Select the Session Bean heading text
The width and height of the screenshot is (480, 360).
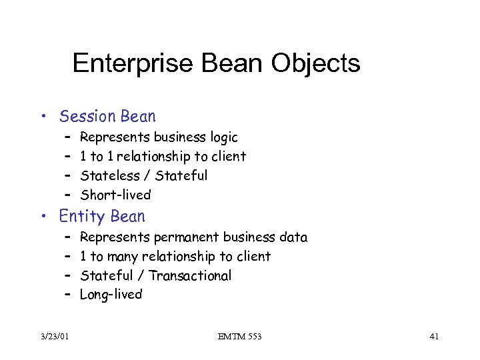(x=107, y=117)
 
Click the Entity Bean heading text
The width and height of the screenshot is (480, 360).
(x=102, y=217)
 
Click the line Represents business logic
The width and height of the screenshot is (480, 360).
(x=159, y=137)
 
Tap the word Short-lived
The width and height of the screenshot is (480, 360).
(x=115, y=195)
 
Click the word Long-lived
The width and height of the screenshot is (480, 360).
(x=111, y=295)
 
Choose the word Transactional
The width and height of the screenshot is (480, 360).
(x=190, y=275)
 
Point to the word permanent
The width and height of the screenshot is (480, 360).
(x=187, y=237)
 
